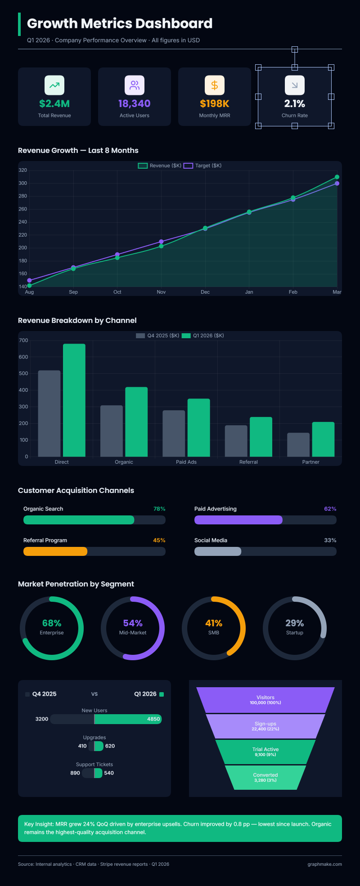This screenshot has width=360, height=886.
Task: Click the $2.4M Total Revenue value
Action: pos(54,103)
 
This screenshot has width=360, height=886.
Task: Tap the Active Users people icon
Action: pos(135,85)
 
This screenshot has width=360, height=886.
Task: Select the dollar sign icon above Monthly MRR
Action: pos(215,85)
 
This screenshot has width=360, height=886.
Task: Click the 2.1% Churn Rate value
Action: pos(295,103)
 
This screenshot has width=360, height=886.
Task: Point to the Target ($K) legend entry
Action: pos(202,166)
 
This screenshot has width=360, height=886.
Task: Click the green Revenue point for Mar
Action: pos(337,177)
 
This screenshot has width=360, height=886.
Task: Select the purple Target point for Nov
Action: pos(161,242)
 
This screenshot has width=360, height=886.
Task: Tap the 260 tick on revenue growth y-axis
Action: pos(22,209)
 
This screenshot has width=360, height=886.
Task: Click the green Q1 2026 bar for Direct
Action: pos(74,400)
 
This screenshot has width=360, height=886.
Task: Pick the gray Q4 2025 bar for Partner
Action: pos(298,444)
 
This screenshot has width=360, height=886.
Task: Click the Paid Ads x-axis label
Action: pos(186,462)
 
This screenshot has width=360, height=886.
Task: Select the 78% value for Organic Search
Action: pos(159,509)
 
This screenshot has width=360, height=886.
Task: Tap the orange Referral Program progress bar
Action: pos(55,551)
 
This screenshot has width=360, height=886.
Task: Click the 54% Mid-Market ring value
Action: pos(133,623)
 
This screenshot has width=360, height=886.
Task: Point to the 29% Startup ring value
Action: pos(295,623)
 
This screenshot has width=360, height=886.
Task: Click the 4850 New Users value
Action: pos(153,719)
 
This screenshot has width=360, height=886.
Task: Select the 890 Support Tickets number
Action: pos(75,773)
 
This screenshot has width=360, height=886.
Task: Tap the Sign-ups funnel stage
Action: pos(265,726)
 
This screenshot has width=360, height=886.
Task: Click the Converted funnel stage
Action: pos(265,777)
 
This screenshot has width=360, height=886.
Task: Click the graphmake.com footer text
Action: pos(324,864)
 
